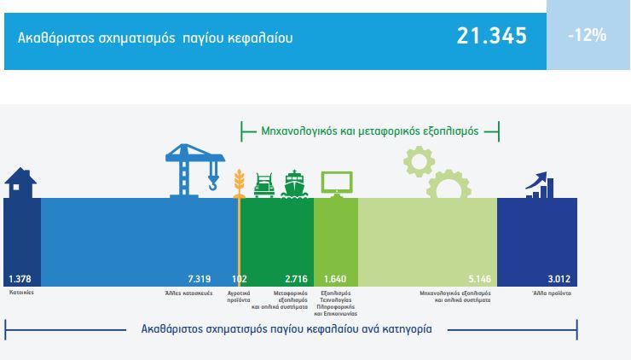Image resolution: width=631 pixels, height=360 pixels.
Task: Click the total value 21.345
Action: coord(491,36)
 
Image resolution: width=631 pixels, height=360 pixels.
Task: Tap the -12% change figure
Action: coord(588,36)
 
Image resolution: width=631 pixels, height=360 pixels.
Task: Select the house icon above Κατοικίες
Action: coord(20,183)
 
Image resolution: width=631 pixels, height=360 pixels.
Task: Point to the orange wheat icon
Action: coord(239,183)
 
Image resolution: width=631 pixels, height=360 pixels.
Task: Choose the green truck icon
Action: coord(264,185)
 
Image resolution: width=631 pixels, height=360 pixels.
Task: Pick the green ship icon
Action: coord(294,184)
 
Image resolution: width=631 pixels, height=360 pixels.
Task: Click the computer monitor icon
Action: coord(337,184)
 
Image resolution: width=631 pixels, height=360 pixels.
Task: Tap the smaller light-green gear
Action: coord(419,161)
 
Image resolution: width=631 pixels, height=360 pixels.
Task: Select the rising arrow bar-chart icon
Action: coord(540,185)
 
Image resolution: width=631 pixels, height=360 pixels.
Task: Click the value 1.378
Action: coord(20,279)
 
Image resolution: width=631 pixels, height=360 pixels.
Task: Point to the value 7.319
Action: coord(200,279)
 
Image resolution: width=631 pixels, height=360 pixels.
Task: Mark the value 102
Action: coord(240,279)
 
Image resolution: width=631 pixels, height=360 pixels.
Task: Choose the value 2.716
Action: coord(296,279)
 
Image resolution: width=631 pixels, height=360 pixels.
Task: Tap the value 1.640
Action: coord(335,279)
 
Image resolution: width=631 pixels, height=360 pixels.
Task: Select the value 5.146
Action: coord(480,279)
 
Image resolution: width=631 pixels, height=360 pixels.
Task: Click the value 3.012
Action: coord(559,279)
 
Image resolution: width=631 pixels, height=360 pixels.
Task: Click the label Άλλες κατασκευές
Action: coord(188,293)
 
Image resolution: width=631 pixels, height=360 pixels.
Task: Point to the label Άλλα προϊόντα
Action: coord(552,293)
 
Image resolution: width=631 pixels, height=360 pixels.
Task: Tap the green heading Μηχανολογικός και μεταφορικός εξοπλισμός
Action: coord(370,131)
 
